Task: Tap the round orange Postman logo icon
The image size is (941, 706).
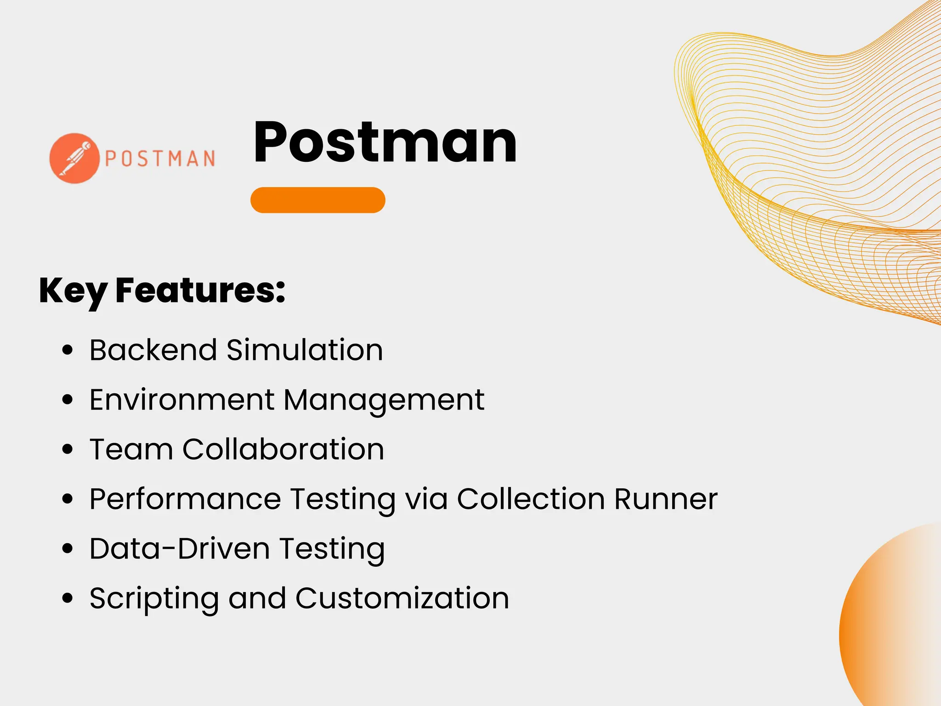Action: click(x=74, y=159)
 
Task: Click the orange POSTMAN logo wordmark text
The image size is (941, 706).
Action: click(x=160, y=159)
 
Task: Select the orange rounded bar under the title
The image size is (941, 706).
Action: click(x=317, y=200)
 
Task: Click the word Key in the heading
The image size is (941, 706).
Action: click(x=73, y=291)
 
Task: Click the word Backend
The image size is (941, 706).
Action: click(x=153, y=350)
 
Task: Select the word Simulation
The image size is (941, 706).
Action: click(x=305, y=350)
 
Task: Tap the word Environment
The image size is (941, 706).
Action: click(x=182, y=399)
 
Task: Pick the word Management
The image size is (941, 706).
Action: click(x=384, y=400)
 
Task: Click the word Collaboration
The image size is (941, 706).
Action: click(x=283, y=449)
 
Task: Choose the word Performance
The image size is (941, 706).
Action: click(x=185, y=499)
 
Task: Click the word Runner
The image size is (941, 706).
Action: click(x=666, y=499)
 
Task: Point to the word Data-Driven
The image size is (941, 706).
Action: click(x=180, y=548)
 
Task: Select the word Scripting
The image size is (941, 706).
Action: click(x=154, y=599)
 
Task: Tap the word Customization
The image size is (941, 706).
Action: click(x=402, y=598)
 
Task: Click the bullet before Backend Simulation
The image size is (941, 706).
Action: click(x=68, y=350)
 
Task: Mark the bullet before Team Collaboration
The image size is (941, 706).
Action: click(x=68, y=450)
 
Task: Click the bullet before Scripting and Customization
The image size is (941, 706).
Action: click(x=68, y=598)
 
